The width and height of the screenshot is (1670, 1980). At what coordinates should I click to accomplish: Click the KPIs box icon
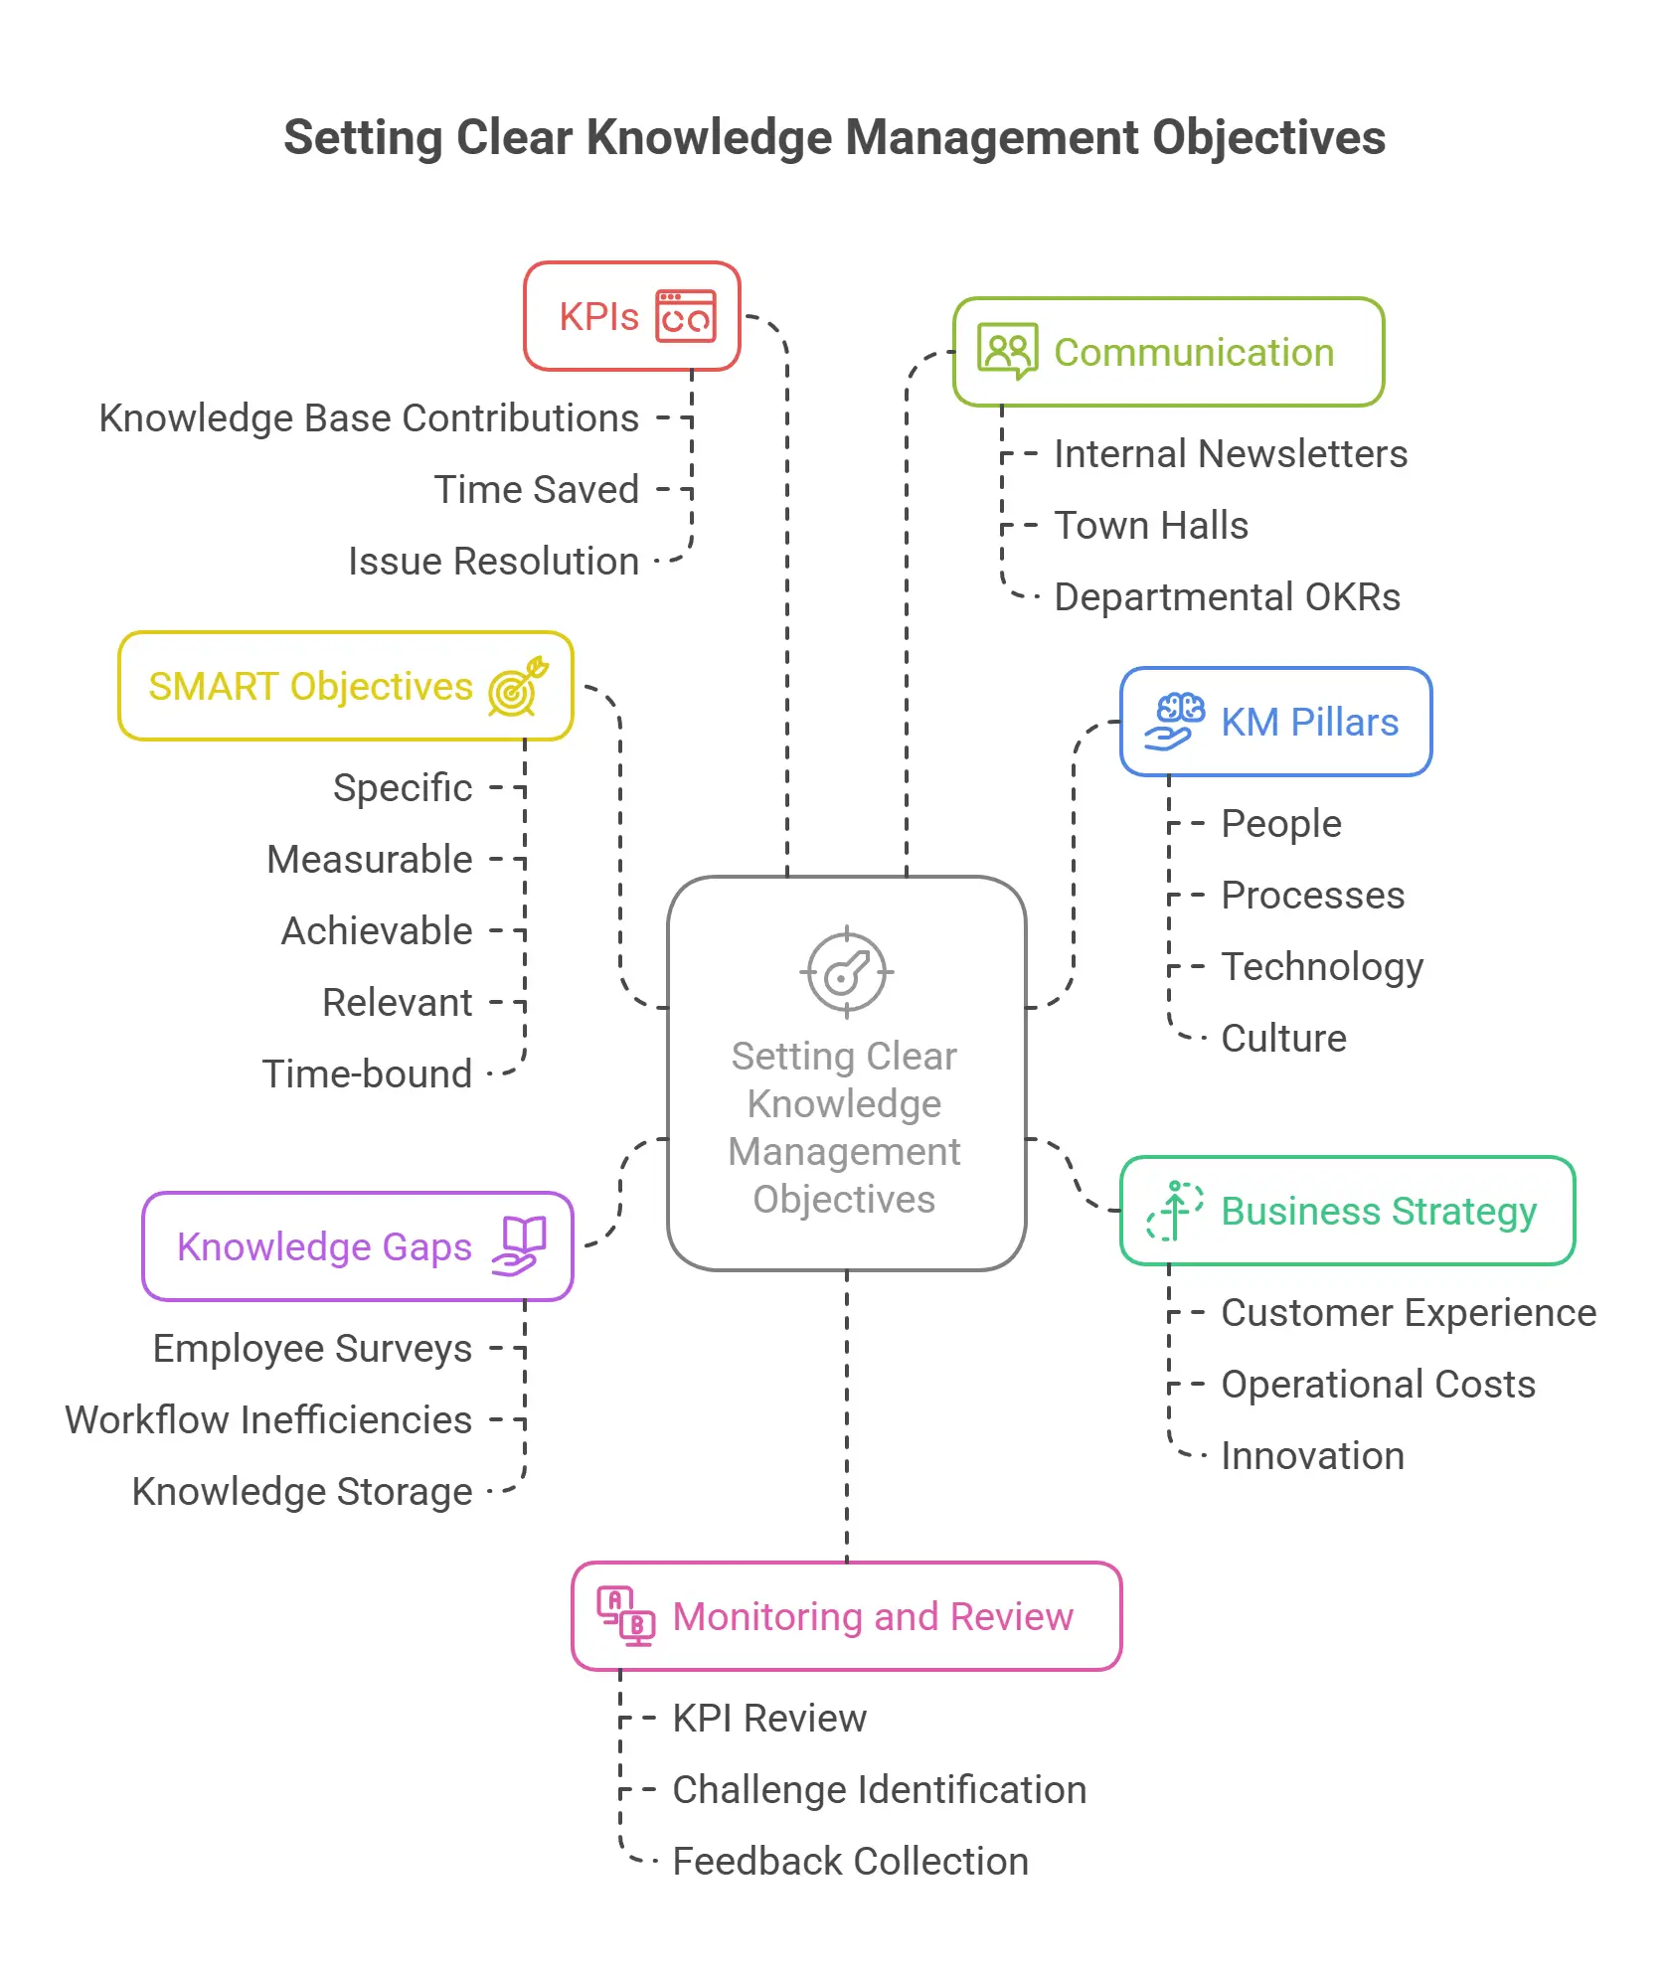(x=686, y=316)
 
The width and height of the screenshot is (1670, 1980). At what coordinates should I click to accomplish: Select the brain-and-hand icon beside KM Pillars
(x=1176, y=722)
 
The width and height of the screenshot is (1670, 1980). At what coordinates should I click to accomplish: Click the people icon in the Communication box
(x=1007, y=351)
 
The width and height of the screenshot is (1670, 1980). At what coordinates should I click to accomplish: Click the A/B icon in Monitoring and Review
(x=625, y=1616)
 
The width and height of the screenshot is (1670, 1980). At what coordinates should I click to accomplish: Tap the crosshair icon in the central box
(x=846, y=973)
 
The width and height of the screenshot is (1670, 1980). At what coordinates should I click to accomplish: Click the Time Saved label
(x=537, y=490)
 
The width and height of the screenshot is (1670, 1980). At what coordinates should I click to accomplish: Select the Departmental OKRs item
(x=1227, y=597)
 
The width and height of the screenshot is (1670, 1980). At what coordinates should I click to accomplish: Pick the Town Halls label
(x=1151, y=526)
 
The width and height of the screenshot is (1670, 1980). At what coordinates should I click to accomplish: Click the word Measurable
(x=370, y=860)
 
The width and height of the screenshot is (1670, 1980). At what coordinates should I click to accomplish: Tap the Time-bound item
(x=367, y=1074)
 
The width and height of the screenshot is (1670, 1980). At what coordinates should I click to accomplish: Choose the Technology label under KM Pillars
(x=1322, y=967)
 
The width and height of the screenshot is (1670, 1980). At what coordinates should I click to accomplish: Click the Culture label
(x=1283, y=1039)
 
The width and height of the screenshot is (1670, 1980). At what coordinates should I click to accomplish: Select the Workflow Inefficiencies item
(x=268, y=1420)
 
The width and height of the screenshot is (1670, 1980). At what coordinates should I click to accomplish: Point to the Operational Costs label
(x=1378, y=1385)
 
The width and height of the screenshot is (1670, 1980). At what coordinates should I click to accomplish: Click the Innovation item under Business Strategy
(x=1312, y=1456)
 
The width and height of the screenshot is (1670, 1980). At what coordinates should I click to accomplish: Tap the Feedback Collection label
(x=850, y=1862)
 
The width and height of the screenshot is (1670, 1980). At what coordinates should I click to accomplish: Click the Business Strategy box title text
(x=1379, y=1211)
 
